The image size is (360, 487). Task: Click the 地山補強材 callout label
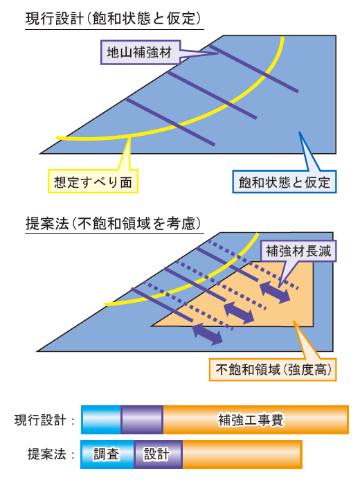click(141, 52)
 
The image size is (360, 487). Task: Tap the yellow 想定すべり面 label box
click(93, 181)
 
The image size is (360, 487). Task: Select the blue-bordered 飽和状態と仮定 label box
click(285, 181)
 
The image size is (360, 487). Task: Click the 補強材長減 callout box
click(298, 251)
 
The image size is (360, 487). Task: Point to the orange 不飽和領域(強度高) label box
click(273, 370)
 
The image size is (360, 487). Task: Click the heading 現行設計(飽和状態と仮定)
click(114, 18)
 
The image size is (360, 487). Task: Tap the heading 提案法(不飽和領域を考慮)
click(114, 223)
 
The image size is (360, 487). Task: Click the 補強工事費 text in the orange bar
click(251, 420)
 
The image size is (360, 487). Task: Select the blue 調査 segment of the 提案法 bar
click(107, 454)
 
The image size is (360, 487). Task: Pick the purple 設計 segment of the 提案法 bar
click(159, 454)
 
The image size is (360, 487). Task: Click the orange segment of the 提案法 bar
click(242, 454)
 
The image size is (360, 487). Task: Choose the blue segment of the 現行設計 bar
click(101, 420)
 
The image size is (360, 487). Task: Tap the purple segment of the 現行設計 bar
click(142, 420)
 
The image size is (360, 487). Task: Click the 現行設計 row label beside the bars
click(40, 420)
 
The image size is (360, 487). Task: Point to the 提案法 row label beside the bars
click(47, 454)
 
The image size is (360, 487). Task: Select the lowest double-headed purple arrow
click(207, 334)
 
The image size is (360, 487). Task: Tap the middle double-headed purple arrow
click(239, 312)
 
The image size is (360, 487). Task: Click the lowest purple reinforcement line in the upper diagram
click(170, 122)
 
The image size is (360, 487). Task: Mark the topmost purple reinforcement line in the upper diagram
click(254, 69)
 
